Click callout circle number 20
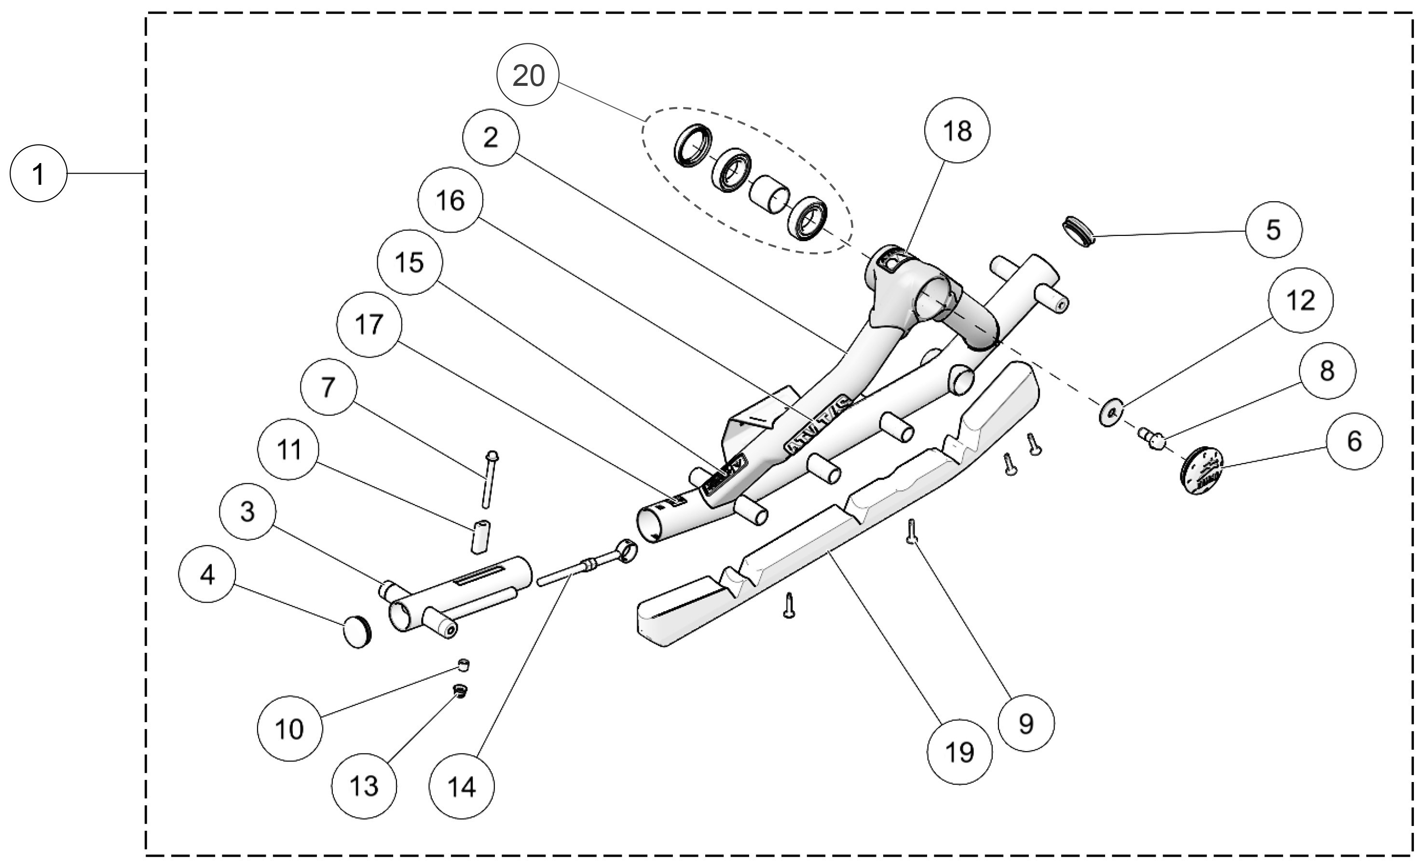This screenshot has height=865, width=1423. (x=528, y=75)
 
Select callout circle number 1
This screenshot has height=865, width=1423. (x=38, y=174)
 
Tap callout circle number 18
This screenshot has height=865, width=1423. (x=957, y=131)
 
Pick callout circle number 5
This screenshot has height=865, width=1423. (x=1273, y=229)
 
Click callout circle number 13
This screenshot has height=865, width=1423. (x=364, y=786)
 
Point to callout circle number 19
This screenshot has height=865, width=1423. (x=960, y=752)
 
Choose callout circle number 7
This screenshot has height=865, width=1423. (x=328, y=386)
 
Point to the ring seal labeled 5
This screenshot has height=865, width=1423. (x=1078, y=231)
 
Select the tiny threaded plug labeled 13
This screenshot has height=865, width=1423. (x=460, y=691)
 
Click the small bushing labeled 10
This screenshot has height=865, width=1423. (x=463, y=665)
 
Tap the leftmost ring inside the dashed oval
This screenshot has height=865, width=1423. (x=691, y=146)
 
